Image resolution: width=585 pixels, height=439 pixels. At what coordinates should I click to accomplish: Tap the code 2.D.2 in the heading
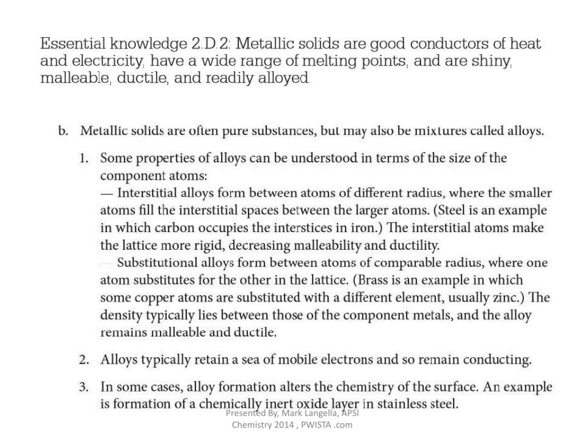[207, 43]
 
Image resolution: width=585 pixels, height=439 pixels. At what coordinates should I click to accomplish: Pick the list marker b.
[63, 131]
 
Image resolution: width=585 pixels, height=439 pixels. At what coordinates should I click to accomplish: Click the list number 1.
[85, 158]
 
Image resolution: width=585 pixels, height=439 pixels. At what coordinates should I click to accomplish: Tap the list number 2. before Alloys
[85, 360]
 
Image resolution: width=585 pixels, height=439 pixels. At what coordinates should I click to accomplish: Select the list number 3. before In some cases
[85, 387]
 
